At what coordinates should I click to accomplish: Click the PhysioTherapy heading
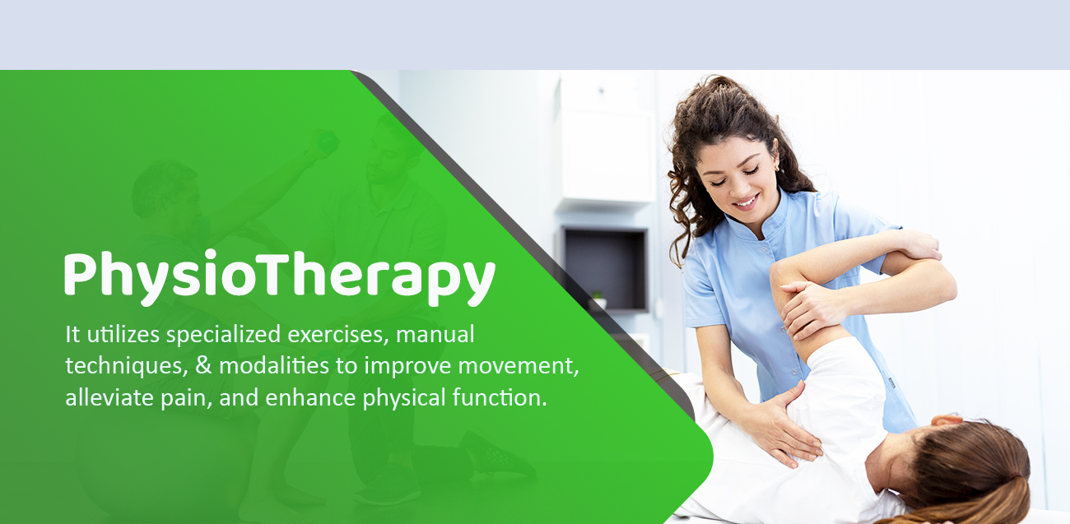[280, 277]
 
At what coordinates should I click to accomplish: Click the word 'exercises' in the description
[337, 335]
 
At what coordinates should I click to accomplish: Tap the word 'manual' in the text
[435, 334]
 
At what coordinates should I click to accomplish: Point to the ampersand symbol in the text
[203, 366]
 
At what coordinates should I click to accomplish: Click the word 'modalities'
[274, 366]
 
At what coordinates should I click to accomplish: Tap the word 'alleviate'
[109, 397]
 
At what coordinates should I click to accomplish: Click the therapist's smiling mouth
[745, 202]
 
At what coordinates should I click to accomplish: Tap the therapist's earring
[776, 168]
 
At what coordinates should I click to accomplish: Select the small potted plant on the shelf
[597, 299]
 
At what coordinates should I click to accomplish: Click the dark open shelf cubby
[606, 270]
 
